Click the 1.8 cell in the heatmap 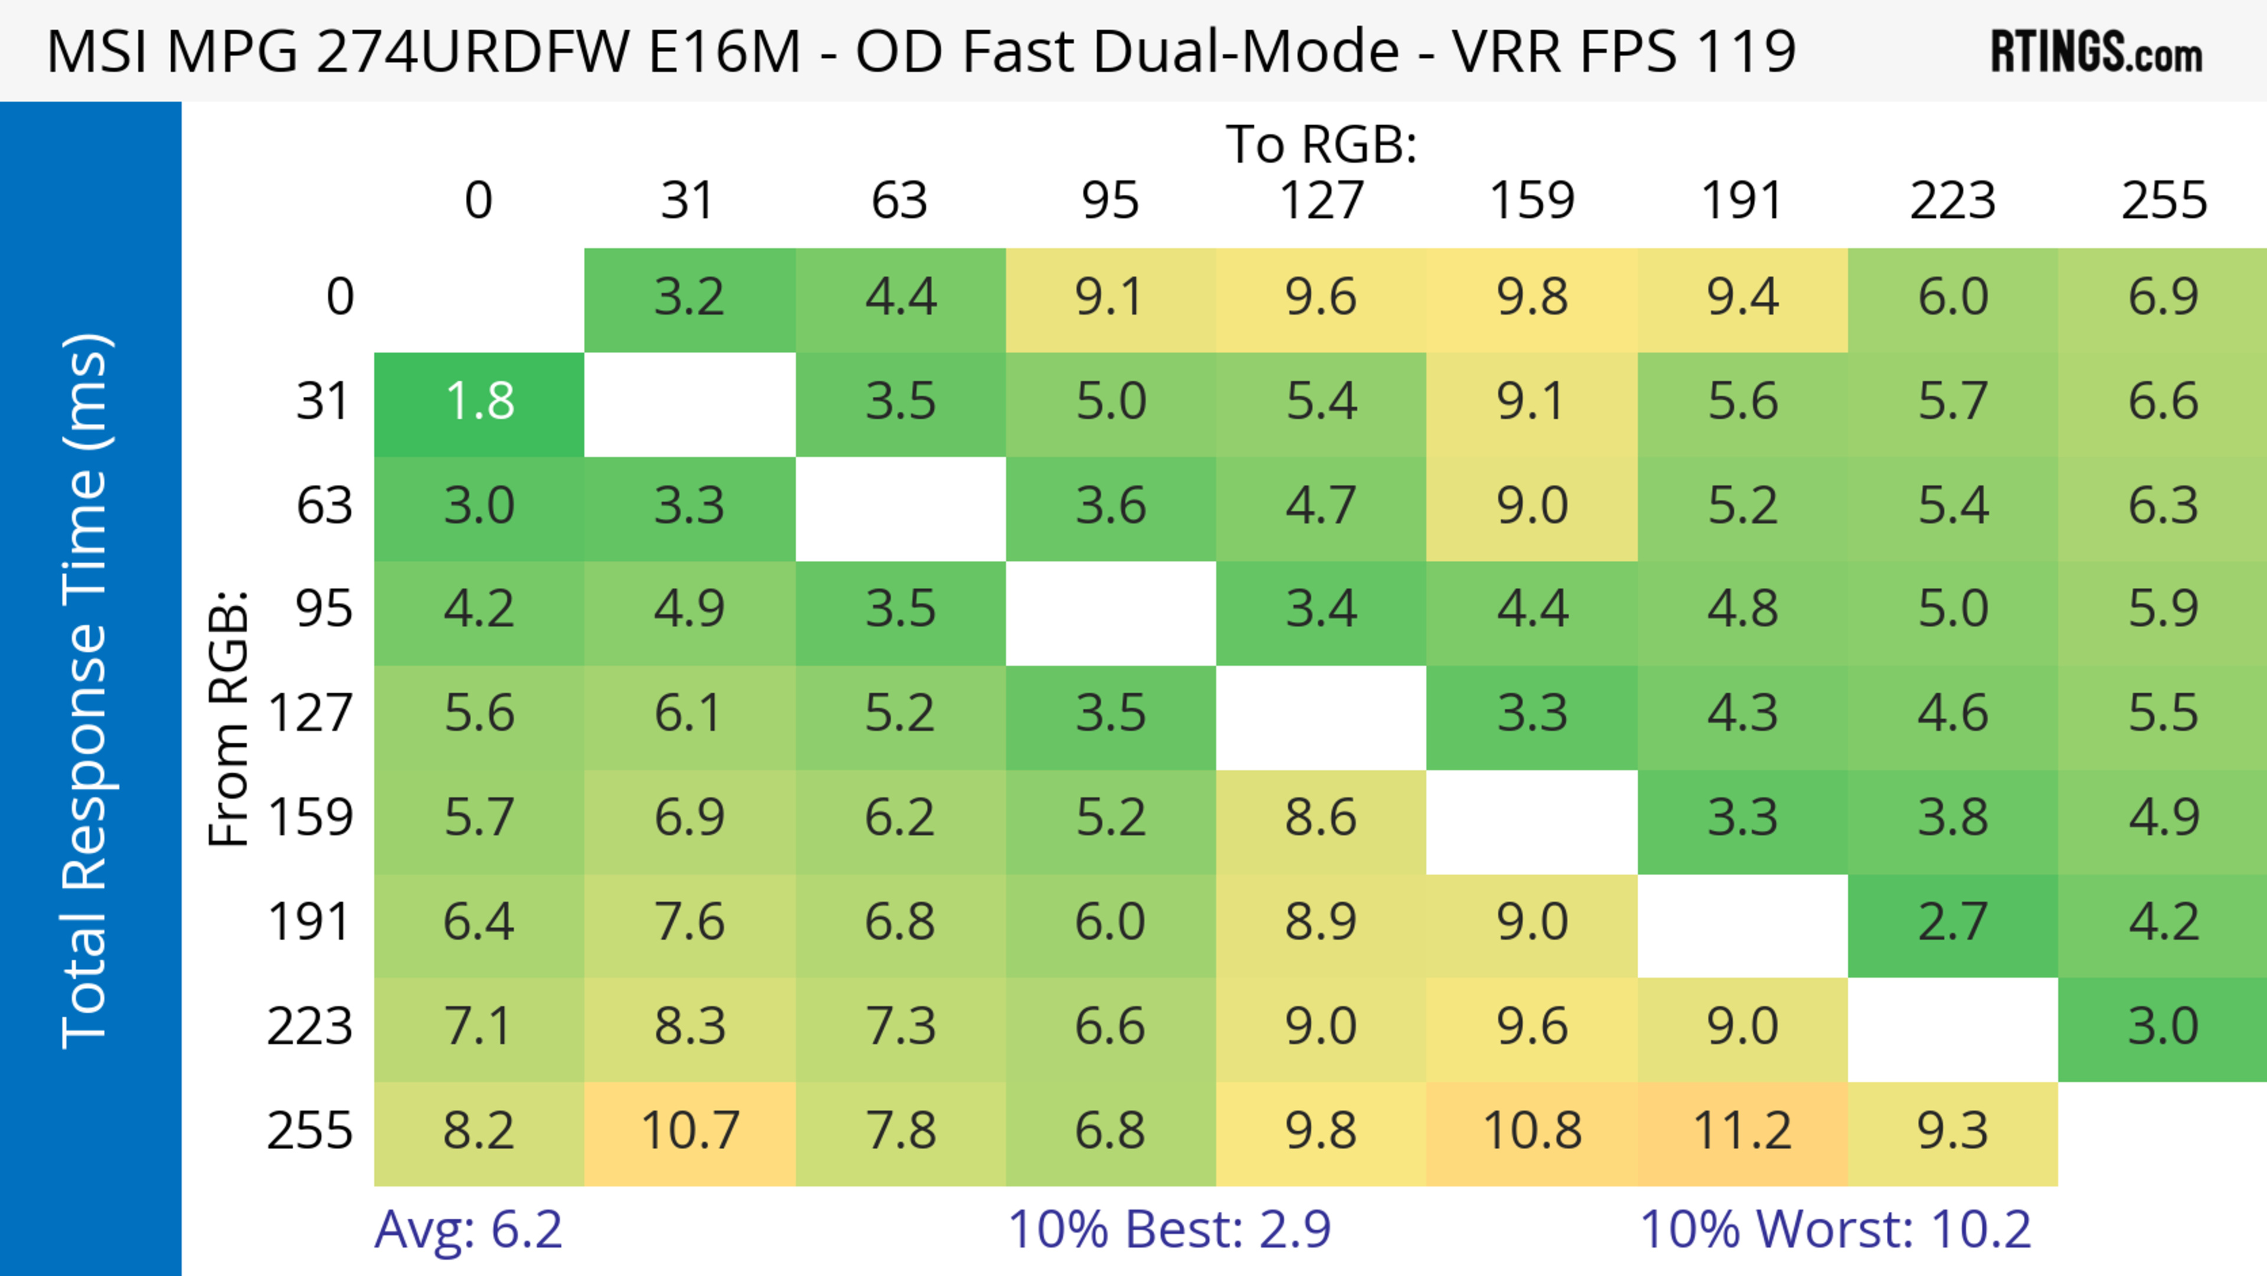click(x=479, y=402)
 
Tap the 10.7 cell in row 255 click(x=689, y=1131)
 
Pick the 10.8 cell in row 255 click(x=1531, y=1131)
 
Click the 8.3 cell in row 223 click(x=689, y=1026)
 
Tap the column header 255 click(x=2163, y=201)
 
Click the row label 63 click(x=324, y=506)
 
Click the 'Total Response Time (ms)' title click(x=86, y=691)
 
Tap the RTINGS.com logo click(x=2096, y=52)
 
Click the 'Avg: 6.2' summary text click(x=468, y=1229)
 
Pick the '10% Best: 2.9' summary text click(x=1169, y=1229)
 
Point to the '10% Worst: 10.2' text click(x=1835, y=1229)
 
